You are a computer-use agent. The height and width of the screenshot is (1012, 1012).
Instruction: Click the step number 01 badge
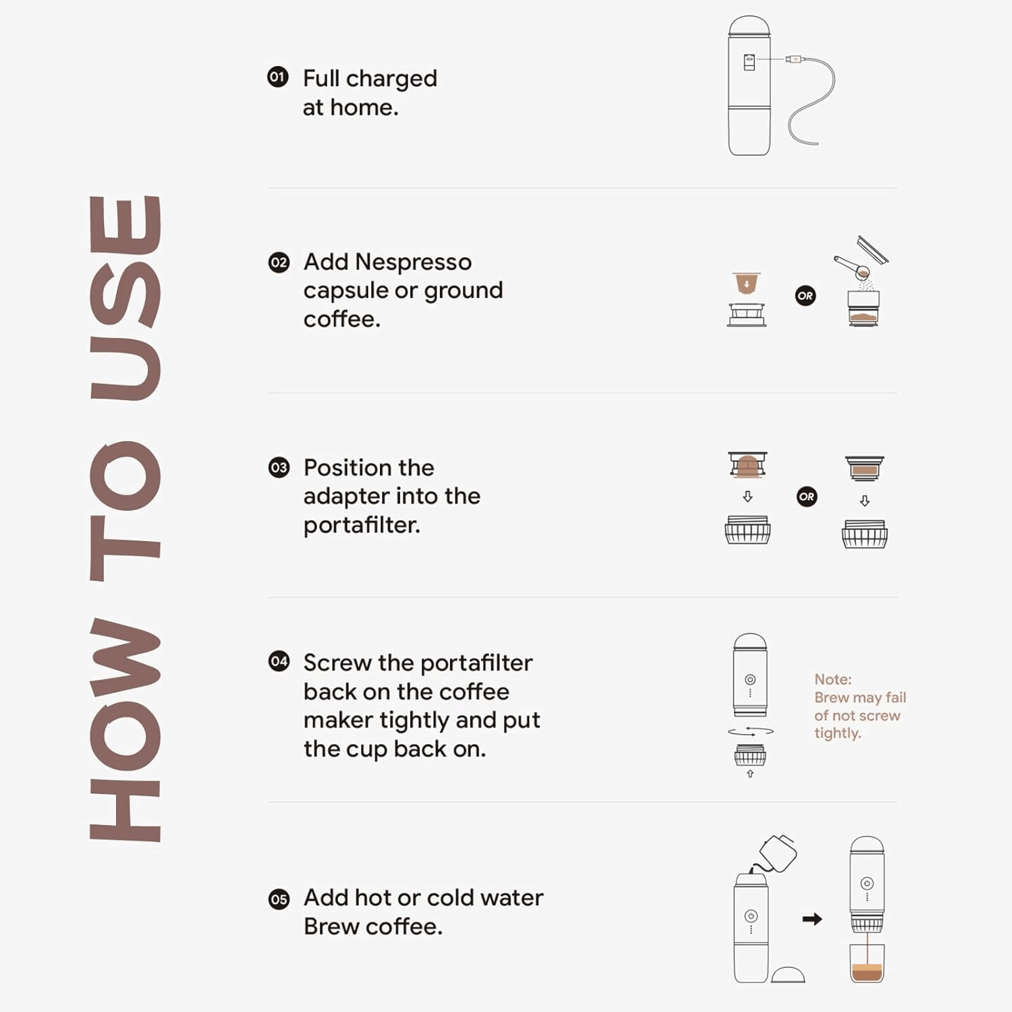coord(278,77)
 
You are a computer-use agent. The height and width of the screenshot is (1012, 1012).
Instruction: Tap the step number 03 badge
coord(279,468)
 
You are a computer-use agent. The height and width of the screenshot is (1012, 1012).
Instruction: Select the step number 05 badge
coord(279,899)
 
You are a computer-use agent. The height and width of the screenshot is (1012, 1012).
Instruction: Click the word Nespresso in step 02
coord(414,262)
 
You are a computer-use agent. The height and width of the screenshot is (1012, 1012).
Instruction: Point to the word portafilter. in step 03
coord(362,525)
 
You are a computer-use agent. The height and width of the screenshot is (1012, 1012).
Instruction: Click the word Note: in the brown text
coord(833,679)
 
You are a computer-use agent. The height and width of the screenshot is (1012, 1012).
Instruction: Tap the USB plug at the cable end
coord(794,59)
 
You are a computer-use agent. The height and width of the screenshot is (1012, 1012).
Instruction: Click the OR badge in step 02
coord(806,296)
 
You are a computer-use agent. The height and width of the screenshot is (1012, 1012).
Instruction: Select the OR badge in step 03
coord(807,497)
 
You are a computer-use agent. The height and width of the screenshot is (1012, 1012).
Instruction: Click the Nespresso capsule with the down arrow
coord(746,283)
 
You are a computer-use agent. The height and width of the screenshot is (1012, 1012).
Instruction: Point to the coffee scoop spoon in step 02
coord(852,268)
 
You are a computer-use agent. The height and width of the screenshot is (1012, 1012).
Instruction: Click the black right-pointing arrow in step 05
coord(812,919)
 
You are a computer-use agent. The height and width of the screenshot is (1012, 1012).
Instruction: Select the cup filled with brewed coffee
coord(867,963)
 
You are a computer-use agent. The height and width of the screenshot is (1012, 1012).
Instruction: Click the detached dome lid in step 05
coord(788,974)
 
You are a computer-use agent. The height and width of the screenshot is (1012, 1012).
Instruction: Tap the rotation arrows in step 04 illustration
coord(750,731)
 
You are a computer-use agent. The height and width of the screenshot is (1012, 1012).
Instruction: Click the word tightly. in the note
coord(838,733)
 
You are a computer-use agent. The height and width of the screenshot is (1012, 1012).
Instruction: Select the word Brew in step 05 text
coord(331,926)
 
